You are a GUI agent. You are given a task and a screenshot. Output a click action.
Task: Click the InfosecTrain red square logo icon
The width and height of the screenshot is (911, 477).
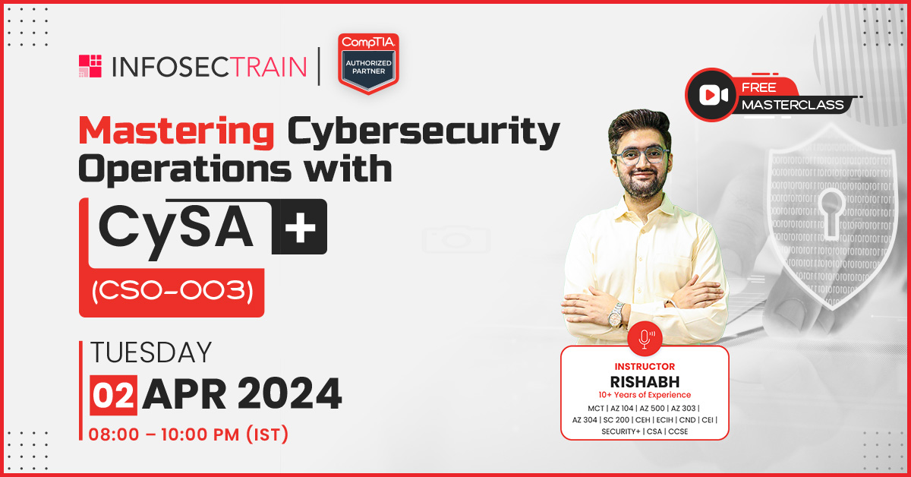[x=90, y=66]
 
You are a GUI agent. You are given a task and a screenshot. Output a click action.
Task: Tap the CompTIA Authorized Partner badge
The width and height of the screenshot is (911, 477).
[x=368, y=64]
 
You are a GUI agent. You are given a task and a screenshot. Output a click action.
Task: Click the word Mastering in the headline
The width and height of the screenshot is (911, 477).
[x=176, y=131]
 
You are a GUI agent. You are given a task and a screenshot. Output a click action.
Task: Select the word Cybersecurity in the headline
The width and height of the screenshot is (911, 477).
[x=424, y=132]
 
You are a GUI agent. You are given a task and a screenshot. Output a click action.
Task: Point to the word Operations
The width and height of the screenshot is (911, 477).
[x=185, y=169]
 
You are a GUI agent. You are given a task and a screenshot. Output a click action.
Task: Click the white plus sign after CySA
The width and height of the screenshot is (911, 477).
[x=300, y=226]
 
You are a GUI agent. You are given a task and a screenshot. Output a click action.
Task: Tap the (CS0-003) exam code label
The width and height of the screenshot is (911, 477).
[x=172, y=292]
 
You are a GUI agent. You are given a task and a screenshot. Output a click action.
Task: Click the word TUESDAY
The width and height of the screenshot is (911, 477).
[x=151, y=352]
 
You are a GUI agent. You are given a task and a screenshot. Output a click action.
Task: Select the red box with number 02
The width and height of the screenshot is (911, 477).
[x=113, y=395]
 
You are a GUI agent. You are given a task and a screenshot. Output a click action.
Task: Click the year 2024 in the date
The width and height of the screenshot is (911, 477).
[x=289, y=394]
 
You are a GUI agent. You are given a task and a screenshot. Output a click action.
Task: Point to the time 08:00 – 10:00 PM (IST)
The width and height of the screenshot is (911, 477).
[x=188, y=434]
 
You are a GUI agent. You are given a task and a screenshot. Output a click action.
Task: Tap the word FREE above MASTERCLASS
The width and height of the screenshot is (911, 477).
[x=759, y=87]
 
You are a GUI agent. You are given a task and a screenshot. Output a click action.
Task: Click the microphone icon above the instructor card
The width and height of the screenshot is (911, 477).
[x=645, y=338]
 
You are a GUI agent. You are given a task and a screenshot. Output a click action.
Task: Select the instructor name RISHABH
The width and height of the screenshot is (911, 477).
[x=645, y=382]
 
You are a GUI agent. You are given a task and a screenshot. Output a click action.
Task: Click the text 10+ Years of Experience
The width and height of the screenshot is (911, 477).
[x=645, y=395]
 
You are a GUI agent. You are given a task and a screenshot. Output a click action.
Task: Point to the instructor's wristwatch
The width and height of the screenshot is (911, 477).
[x=617, y=316]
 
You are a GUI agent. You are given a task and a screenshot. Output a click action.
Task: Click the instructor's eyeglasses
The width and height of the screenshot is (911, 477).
[x=641, y=156]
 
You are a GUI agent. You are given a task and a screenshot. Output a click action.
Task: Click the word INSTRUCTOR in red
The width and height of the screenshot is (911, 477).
[x=645, y=367]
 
